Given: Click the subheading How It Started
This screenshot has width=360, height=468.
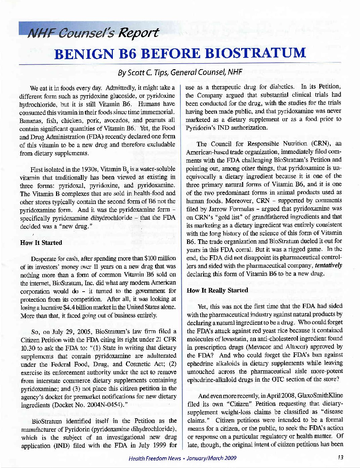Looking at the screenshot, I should click(41, 243).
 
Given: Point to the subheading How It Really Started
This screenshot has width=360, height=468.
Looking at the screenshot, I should click(217, 290).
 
